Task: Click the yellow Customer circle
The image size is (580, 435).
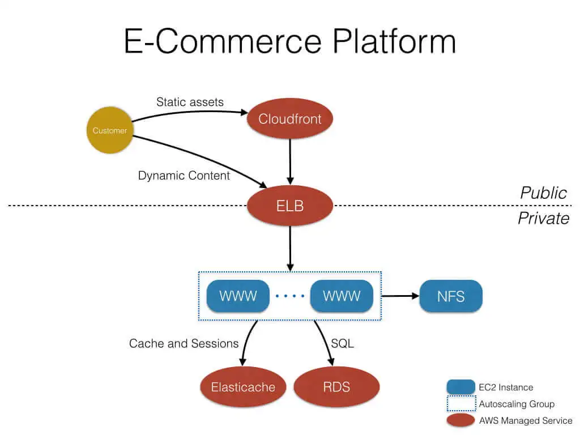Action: click(x=109, y=130)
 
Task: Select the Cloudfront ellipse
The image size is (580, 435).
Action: click(x=290, y=119)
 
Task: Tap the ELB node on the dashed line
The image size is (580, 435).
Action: click(x=290, y=206)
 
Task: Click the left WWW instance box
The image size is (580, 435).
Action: click(x=238, y=296)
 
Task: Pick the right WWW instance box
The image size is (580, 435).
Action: click(x=342, y=296)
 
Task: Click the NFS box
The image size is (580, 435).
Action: click(x=451, y=296)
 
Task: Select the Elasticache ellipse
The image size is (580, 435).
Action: click(x=243, y=387)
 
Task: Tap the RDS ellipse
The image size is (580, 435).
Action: click(x=336, y=387)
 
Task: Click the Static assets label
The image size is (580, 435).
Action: click(x=190, y=102)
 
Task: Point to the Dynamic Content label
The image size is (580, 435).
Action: click(x=184, y=176)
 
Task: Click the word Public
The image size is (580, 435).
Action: click(x=543, y=193)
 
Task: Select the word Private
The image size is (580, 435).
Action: click(x=543, y=218)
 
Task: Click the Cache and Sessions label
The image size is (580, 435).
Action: click(x=184, y=343)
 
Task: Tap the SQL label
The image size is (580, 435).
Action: click(x=342, y=343)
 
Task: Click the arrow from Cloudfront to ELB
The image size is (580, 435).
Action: click(x=290, y=161)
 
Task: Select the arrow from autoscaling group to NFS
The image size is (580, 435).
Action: click(x=400, y=296)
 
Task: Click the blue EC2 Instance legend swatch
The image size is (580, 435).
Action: click(x=460, y=387)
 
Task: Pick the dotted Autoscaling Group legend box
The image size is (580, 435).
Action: click(x=460, y=404)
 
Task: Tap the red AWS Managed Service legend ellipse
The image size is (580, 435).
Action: click(x=460, y=420)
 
